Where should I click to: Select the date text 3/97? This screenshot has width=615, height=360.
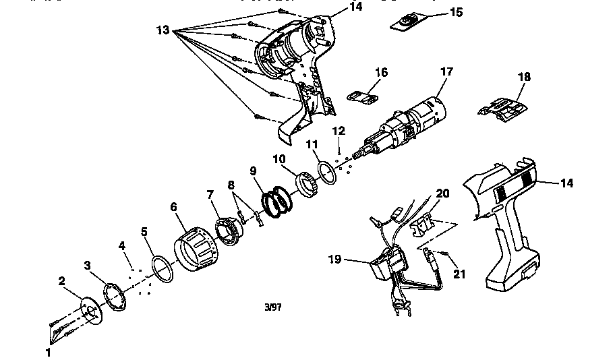tap(273, 307)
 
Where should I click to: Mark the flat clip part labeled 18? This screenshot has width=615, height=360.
tap(503, 109)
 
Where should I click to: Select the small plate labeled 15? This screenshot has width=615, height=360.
tap(407, 23)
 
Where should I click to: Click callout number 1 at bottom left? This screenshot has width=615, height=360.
tap(48, 351)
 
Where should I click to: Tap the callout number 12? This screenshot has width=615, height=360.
tap(339, 131)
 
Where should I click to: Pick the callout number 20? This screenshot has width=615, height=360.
tap(442, 193)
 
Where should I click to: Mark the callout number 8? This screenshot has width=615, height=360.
tap(231, 185)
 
